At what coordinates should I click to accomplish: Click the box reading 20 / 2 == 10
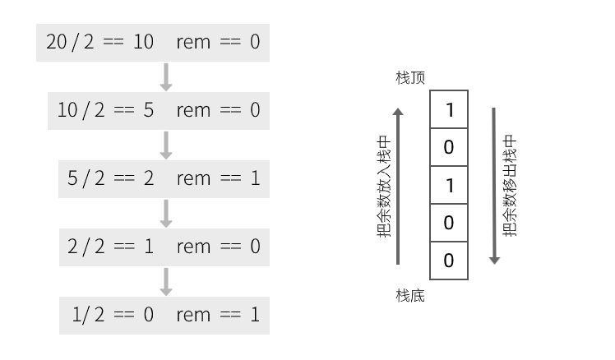pos(153,43)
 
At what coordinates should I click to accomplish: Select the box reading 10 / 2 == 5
pos(159,111)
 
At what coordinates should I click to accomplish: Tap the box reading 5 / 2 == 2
pos(164,179)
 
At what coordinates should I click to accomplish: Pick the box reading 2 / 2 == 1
pos(164,247)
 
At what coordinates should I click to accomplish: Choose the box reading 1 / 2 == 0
pos(164,316)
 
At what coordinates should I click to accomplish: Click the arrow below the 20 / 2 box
pos(166,77)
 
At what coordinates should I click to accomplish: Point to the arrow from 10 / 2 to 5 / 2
pos(166,145)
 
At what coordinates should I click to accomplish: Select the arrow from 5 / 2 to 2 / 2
pos(166,214)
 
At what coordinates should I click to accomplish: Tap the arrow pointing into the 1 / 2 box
pos(166,282)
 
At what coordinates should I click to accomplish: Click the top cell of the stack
pos(449,109)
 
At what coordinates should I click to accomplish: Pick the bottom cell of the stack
pos(449,261)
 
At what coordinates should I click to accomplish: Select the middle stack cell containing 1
pos(449,185)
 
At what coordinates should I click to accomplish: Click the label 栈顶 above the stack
pos(410,77)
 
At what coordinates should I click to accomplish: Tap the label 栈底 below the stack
pos(410,296)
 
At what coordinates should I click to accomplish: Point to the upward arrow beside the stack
pos(398,187)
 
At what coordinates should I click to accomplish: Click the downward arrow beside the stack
pos(494,186)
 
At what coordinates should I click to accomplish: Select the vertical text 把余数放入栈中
pos(384,187)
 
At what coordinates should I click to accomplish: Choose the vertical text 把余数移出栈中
pos(510,186)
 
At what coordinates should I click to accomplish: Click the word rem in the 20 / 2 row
pos(193,42)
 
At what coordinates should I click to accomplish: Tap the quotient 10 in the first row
pos(143,42)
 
